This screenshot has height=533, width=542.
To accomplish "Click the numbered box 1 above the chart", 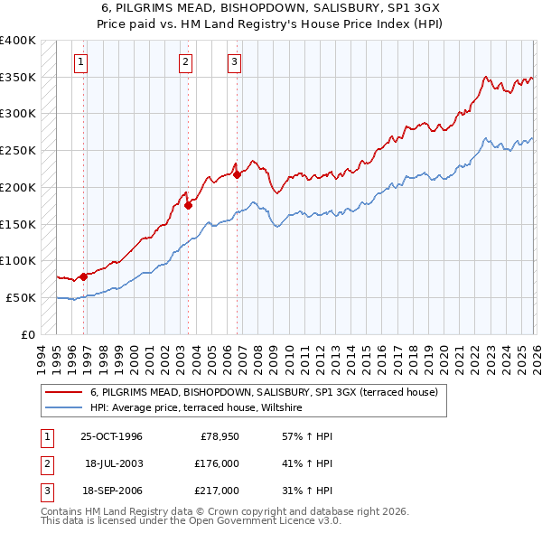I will [x=81, y=62].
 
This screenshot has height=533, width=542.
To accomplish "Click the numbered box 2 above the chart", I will [x=185, y=62].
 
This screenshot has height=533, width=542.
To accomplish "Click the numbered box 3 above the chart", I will [x=234, y=62].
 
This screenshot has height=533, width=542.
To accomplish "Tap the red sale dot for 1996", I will [x=83, y=276].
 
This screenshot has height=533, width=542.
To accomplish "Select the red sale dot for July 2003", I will [x=188, y=205].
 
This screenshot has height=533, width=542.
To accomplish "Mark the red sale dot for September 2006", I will [x=237, y=175].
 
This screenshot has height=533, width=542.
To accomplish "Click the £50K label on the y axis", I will [x=22, y=297].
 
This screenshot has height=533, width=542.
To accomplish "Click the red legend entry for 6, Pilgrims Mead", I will [x=264, y=392].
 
